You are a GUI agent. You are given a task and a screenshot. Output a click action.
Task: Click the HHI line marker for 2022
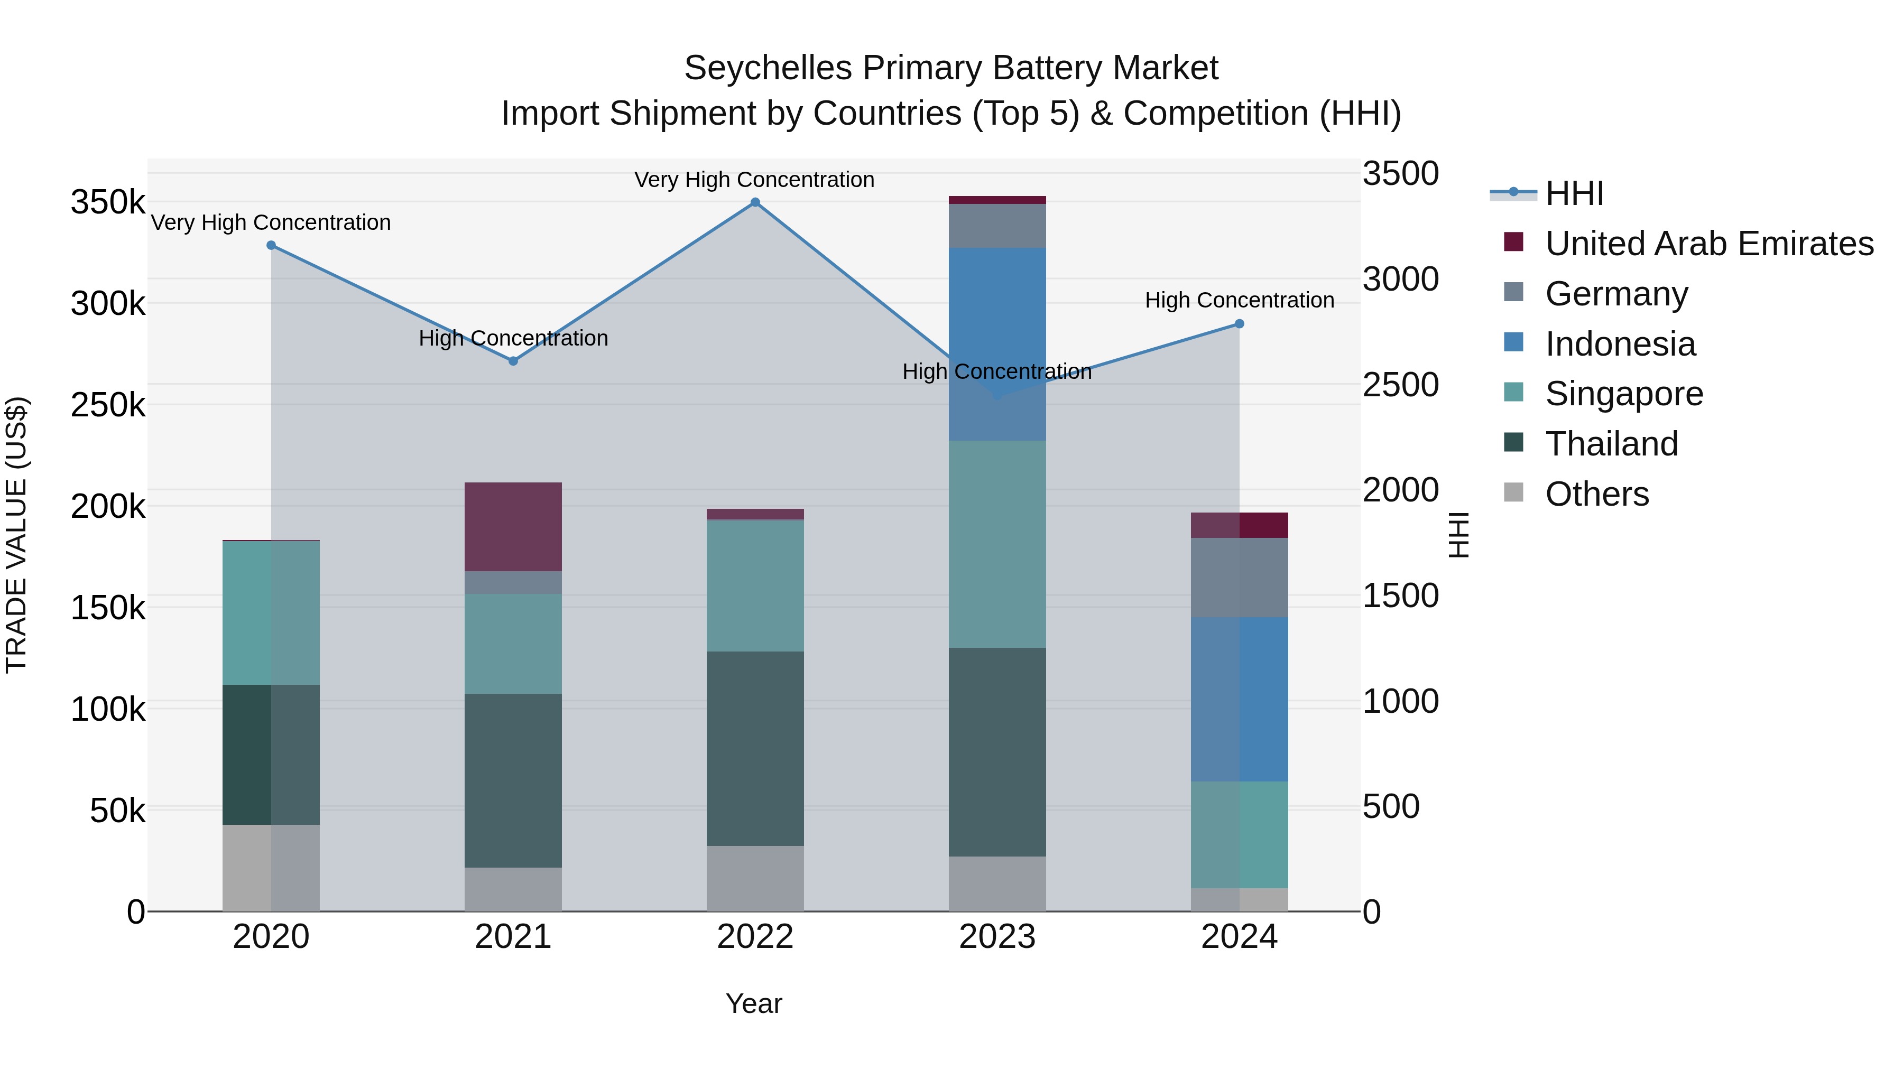point(755,202)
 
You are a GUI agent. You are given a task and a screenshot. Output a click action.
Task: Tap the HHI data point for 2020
point(271,245)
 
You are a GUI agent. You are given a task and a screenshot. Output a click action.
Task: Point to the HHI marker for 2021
point(513,361)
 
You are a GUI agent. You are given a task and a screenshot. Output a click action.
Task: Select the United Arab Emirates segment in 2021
point(513,526)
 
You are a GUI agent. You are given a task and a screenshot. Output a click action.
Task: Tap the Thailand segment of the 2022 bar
point(755,748)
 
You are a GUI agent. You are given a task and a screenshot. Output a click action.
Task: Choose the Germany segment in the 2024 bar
point(1240,578)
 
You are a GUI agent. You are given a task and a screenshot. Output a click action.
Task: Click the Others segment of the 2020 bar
point(271,868)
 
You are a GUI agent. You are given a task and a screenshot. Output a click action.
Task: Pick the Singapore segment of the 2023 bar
point(997,544)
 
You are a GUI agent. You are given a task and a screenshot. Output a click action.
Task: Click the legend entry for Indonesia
point(1620,344)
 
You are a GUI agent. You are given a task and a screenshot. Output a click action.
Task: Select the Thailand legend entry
point(1611,444)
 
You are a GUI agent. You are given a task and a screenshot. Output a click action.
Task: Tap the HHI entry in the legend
point(1574,193)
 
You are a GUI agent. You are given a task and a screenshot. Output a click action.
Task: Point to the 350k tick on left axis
point(108,202)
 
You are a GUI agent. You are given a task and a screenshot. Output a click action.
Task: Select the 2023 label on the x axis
point(997,937)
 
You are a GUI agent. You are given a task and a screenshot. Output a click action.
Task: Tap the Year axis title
point(753,1003)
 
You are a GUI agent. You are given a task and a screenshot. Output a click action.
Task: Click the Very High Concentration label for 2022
point(754,180)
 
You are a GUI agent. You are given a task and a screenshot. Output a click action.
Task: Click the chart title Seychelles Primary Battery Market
point(951,68)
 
